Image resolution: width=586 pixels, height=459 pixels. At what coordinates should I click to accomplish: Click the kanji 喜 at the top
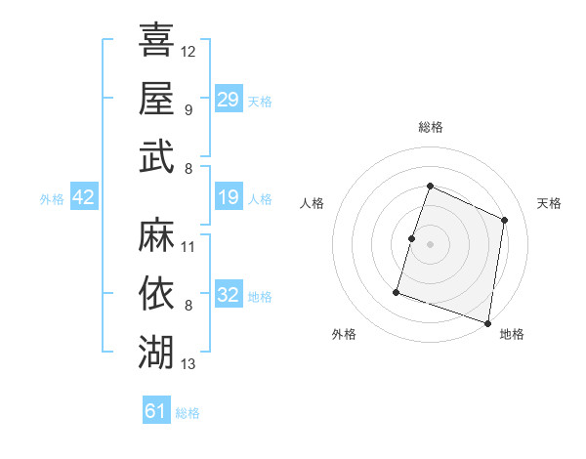(156, 40)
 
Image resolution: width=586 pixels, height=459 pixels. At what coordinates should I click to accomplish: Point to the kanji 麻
(156, 235)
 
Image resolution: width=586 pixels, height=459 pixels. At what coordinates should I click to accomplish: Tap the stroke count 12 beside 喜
(188, 51)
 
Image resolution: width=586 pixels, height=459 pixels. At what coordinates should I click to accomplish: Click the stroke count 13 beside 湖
(188, 364)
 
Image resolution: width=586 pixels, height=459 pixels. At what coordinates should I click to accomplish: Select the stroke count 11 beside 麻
(188, 246)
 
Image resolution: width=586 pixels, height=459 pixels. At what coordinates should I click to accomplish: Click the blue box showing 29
(228, 99)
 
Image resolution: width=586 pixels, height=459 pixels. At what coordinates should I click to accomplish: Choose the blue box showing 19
(228, 198)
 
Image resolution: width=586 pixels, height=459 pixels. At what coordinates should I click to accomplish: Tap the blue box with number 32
(228, 296)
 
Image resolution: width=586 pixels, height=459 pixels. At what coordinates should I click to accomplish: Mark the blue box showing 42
(84, 198)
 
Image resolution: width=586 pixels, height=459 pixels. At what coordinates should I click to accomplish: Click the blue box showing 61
(156, 411)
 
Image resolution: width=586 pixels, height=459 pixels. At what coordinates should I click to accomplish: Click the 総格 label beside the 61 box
(188, 413)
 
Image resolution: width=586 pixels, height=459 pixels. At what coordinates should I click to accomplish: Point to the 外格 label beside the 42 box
(52, 199)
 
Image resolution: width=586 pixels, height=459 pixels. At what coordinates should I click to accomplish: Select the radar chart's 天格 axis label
(550, 203)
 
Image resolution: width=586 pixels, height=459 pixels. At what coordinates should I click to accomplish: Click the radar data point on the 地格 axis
(487, 322)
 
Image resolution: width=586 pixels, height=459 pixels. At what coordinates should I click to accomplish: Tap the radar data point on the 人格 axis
(412, 238)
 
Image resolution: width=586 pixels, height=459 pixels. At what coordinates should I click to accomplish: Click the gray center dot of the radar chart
(430, 244)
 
